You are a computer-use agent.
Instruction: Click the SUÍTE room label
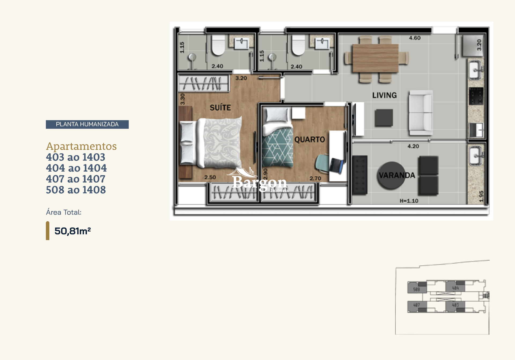pos(220,108)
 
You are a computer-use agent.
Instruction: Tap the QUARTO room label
pos(310,139)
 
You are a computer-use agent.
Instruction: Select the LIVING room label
pos(384,95)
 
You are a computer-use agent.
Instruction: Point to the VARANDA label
pos(397,175)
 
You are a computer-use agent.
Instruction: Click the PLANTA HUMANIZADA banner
pos(87,124)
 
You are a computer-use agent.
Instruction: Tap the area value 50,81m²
pos(73,231)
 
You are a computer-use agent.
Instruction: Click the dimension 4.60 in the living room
pos(415,38)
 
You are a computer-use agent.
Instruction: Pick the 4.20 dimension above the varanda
pos(413,146)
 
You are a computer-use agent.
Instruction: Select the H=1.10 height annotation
pos(409,201)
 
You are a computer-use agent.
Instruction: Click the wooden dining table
pos(375,58)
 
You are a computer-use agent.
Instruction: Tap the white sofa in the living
pos(420,113)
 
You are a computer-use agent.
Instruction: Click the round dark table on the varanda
pos(391,176)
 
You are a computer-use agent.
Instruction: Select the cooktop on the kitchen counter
pos(476,96)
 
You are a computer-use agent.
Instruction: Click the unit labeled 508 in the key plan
pos(417,289)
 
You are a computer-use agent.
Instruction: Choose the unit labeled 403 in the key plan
pos(455,305)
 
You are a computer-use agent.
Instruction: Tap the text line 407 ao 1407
pos(76,179)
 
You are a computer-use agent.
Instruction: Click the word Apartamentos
pos(81,146)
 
